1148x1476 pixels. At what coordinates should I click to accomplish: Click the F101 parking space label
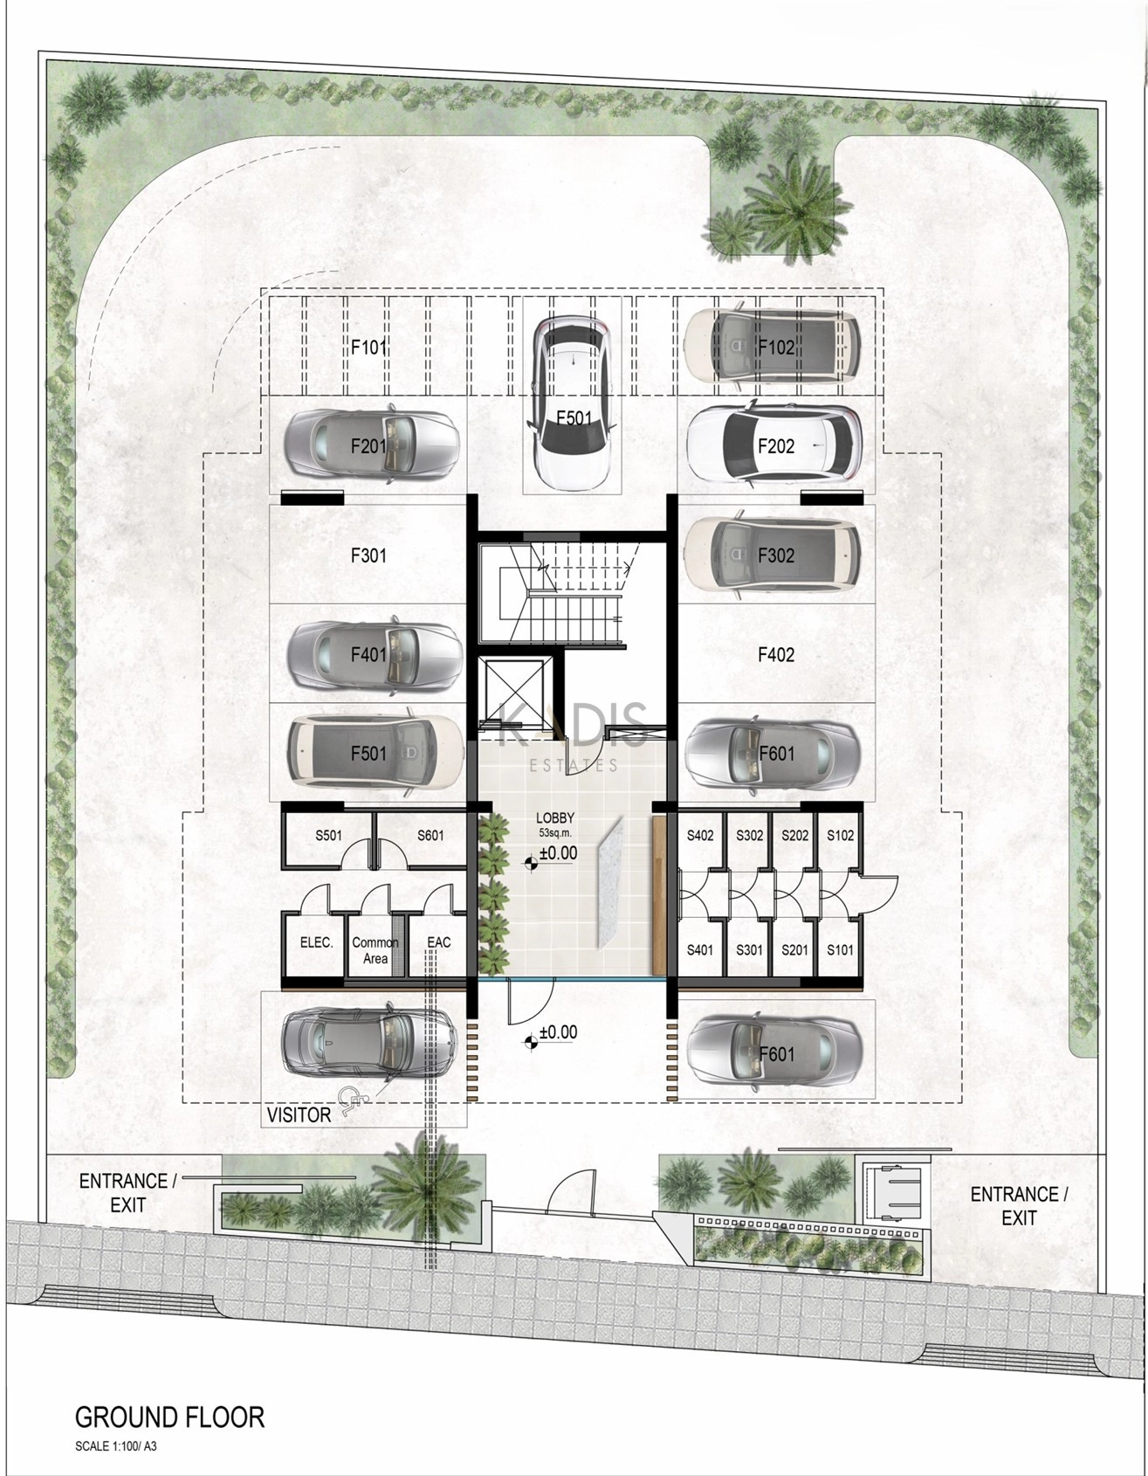[x=368, y=347]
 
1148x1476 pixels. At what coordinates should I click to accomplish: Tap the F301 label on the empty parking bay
[x=368, y=555]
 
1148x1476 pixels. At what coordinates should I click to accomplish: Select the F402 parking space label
[x=776, y=654]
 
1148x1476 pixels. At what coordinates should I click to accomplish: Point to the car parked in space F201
[x=372, y=446]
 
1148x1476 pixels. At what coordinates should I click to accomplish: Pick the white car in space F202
[x=774, y=445]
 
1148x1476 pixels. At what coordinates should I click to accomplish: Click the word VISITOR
[x=299, y=1115]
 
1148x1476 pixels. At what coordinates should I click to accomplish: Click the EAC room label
[x=438, y=942]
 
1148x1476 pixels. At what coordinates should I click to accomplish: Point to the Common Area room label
[x=375, y=950]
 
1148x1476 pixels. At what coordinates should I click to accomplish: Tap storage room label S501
[x=328, y=835]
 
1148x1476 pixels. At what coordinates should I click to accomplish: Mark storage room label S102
[x=840, y=835]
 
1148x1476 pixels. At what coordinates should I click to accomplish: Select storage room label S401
[x=700, y=950]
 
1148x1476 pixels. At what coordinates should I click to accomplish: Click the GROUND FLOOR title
[x=169, y=1417]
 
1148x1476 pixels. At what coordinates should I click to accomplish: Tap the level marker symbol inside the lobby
[x=530, y=864]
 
